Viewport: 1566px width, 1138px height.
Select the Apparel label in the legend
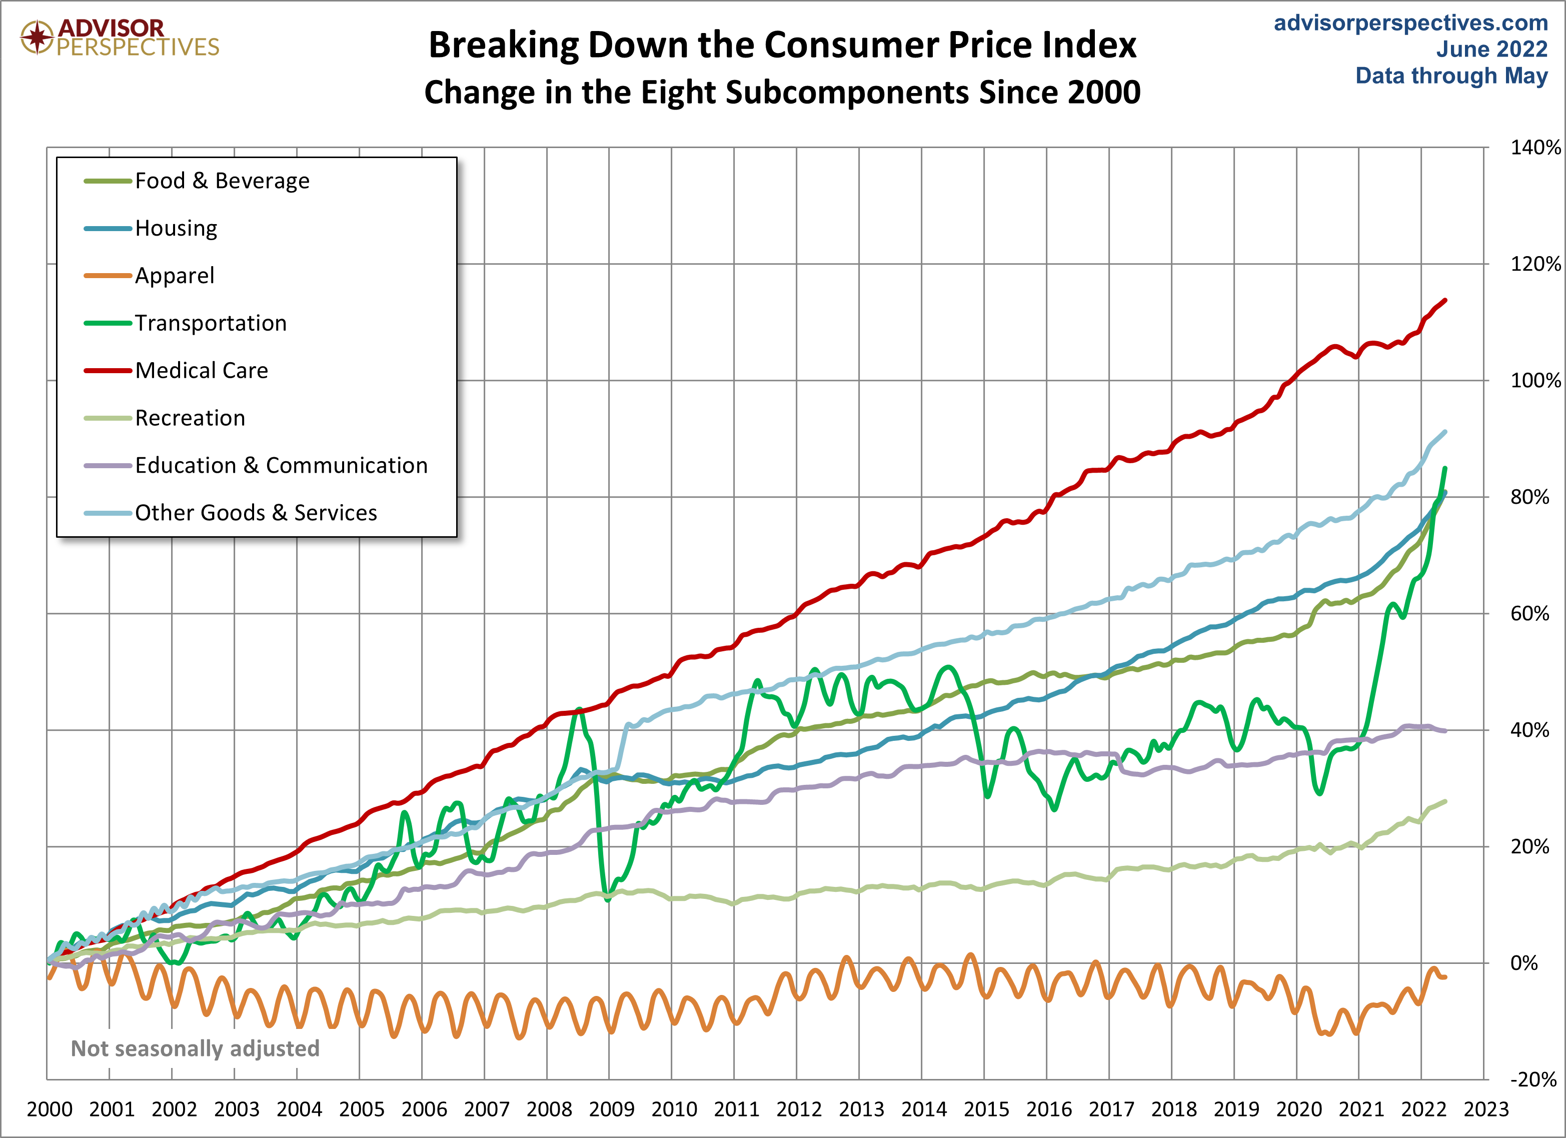(174, 276)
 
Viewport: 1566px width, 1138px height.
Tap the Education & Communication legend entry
(281, 465)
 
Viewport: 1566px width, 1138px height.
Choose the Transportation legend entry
(210, 323)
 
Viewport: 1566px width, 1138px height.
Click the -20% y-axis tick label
(1533, 1080)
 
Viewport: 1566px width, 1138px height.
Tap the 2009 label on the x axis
(611, 1109)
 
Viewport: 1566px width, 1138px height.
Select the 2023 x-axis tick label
(1486, 1109)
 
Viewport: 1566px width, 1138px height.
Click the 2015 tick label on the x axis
(986, 1109)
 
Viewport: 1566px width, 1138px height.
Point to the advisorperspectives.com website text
(1410, 23)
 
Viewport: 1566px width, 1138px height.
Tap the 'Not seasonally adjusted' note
(196, 1049)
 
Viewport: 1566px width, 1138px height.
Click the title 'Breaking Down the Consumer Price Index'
(782, 46)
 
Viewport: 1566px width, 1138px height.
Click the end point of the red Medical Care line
(1445, 301)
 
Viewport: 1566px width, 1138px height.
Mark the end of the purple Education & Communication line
(1445, 731)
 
